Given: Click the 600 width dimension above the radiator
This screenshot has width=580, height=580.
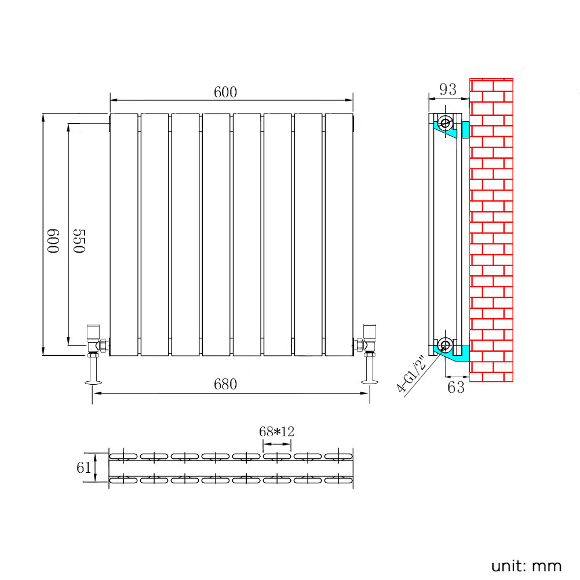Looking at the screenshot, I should click(225, 92).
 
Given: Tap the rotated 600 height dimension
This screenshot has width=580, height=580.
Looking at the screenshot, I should click(54, 240).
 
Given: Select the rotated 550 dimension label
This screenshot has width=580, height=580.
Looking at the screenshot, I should click(79, 240).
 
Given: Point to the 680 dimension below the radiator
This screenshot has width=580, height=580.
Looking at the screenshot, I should click(225, 384).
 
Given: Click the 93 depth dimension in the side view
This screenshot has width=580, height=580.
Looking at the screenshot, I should click(447, 90).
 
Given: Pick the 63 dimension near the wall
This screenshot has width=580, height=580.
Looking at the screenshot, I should click(456, 387).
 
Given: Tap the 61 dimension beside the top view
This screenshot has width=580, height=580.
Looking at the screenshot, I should click(84, 467).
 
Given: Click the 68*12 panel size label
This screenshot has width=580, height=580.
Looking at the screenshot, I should click(276, 432).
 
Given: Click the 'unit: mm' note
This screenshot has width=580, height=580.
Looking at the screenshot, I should click(526, 566).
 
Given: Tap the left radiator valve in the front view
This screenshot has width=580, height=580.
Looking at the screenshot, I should click(94, 341).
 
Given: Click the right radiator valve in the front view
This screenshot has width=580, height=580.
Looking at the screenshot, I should click(367, 341).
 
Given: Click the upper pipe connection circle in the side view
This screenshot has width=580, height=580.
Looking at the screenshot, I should click(446, 123).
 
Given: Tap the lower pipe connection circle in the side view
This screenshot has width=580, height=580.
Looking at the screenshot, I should click(446, 345).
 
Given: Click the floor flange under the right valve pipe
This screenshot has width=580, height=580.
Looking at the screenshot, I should click(369, 381).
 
